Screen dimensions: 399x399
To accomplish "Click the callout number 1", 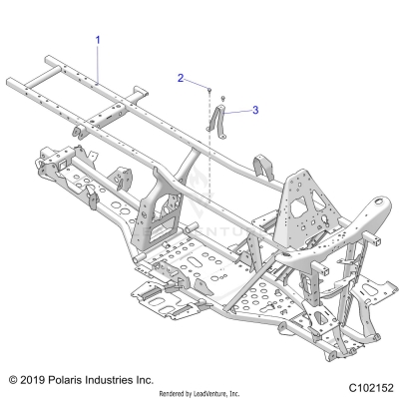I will click(x=98, y=39).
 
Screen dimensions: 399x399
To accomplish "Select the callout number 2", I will click(x=182, y=77).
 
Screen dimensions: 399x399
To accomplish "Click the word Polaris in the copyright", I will click(x=72, y=380).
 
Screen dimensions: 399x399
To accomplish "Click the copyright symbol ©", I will click(x=13, y=380).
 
